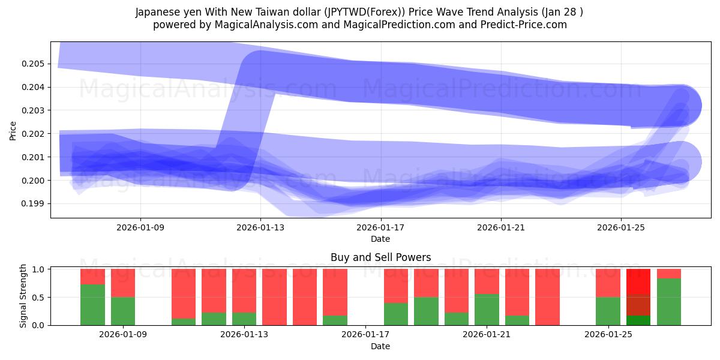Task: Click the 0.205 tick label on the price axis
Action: [x=34, y=64]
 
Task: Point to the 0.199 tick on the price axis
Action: [x=34, y=204]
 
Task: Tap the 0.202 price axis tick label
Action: [x=34, y=134]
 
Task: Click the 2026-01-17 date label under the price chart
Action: [x=380, y=228]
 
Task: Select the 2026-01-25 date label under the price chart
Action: [x=620, y=228]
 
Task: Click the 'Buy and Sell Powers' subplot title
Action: [x=380, y=257]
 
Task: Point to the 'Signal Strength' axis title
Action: [x=23, y=296]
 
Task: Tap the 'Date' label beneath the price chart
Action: [x=380, y=239]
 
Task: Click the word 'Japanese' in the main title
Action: [x=157, y=12]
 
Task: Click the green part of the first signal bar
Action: [x=92, y=305]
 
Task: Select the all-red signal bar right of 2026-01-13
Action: [x=274, y=297]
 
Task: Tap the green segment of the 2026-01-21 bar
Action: [x=487, y=310]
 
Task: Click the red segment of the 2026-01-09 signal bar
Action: [x=123, y=283]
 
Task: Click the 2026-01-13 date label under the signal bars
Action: [x=244, y=334]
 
